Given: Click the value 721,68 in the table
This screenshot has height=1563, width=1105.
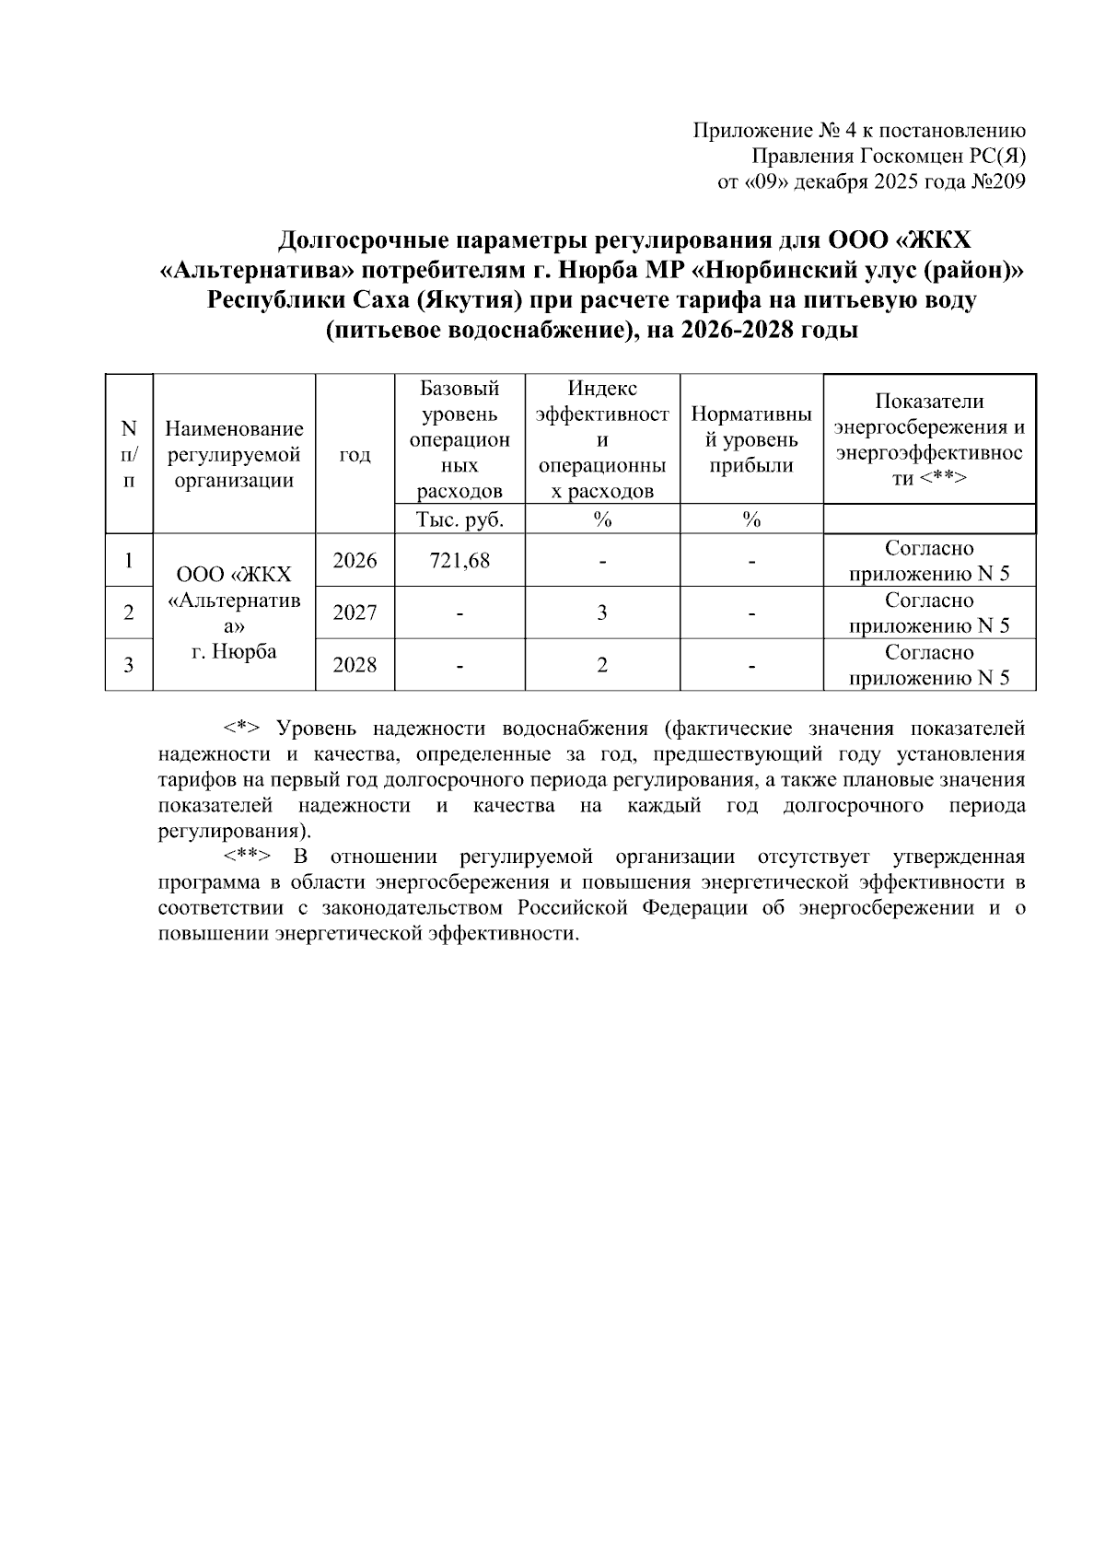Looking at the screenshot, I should click(x=459, y=560).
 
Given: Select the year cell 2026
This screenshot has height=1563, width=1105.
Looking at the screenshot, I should click(x=355, y=560).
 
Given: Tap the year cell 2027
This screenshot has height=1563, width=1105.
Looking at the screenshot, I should click(x=355, y=612).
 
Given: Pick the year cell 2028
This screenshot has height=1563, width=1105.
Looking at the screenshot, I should click(x=355, y=664).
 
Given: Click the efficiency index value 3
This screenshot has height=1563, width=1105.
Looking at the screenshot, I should click(x=602, y=612).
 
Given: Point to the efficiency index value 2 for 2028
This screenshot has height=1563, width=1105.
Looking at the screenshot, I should click(x=602, y=664).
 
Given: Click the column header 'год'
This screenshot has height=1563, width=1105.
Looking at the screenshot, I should click(x=355, y=454).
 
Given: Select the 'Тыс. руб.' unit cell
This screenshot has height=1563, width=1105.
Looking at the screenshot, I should click(x=459, y=519).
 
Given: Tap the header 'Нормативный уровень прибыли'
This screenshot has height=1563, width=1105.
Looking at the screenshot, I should click(x=751, y=439).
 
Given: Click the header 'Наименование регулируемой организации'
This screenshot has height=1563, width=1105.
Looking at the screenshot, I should click(x=234, y=454).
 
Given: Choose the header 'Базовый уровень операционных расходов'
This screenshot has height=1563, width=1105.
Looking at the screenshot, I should click(x=459, y=439).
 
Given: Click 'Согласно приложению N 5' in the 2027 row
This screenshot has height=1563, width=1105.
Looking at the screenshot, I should click(x=929, y=612).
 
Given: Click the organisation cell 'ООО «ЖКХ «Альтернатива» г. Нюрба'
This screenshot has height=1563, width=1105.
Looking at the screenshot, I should click(x=234, y=612).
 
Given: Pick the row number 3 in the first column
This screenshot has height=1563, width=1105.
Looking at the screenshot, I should click(x=129, y=664).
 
